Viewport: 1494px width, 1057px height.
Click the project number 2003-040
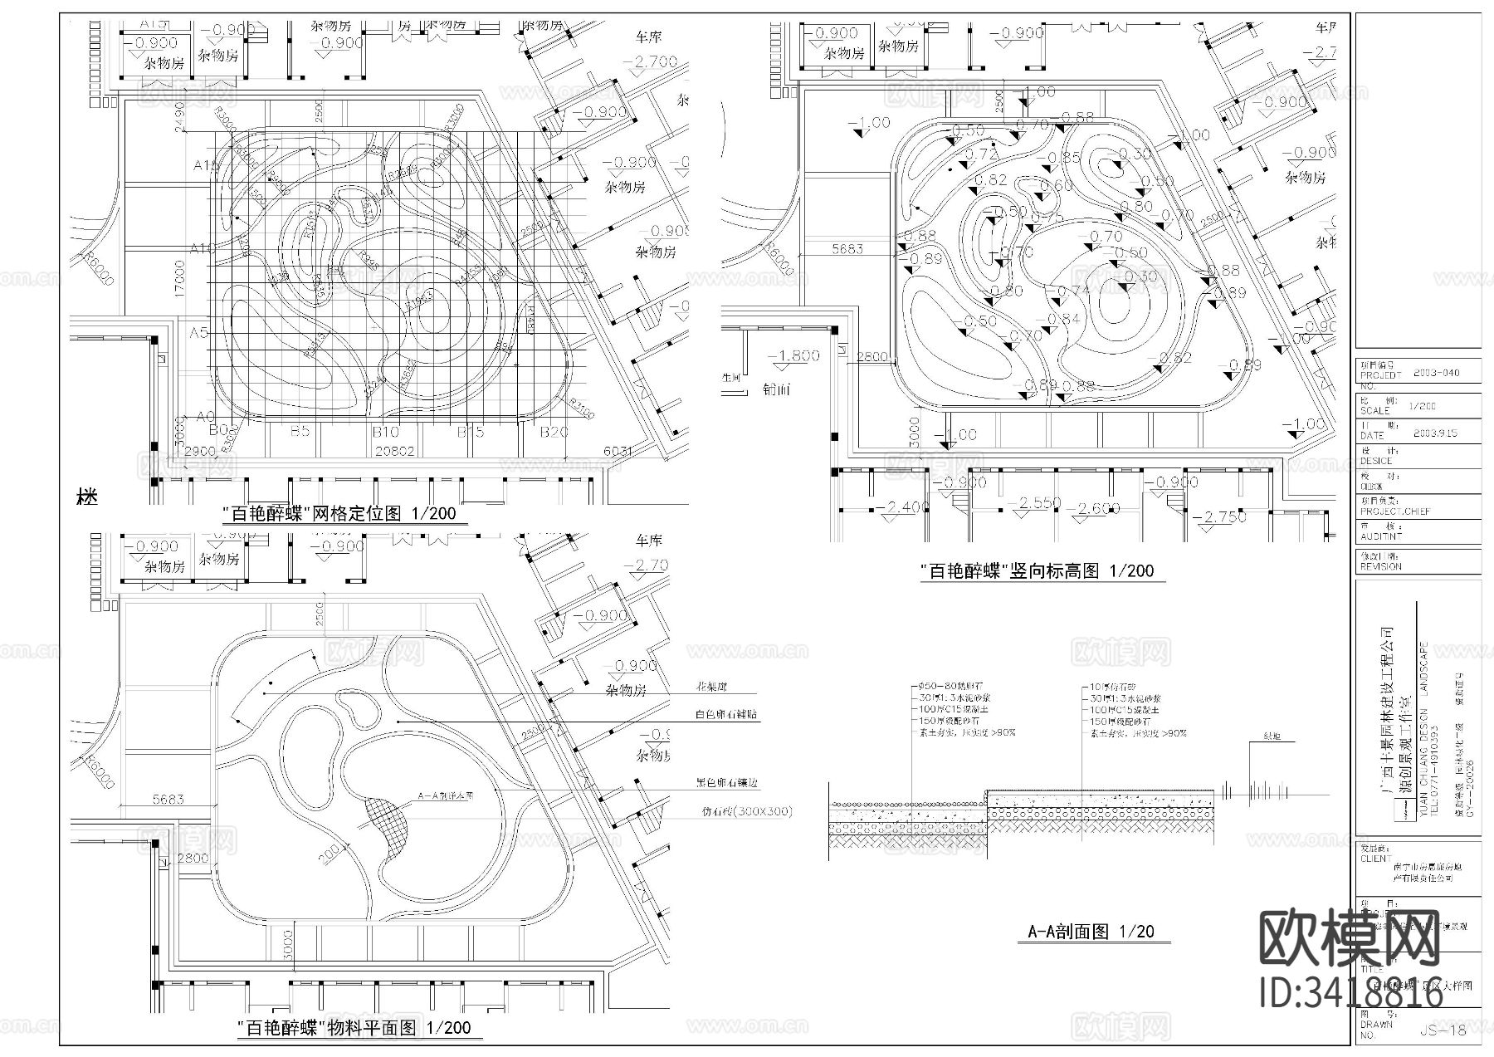[x=1435, y=374]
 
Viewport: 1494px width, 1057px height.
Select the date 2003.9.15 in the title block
[x=1433, y=433]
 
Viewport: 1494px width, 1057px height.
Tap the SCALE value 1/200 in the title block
[x=1422, y=406]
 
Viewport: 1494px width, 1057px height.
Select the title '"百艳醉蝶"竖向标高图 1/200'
[x=1037, y=571]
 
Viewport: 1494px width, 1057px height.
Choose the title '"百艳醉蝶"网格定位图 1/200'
[x=339, y=514]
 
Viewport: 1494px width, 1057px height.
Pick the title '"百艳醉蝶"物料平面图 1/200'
[x=354, y=1028]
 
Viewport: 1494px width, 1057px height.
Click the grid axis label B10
[x=385, y=432]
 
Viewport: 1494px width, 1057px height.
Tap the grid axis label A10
[x=203, y=248]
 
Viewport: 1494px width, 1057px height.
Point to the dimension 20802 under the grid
[x=395, y=451]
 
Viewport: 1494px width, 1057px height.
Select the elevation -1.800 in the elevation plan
[x=793, y=355]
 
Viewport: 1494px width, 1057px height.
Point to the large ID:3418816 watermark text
[x=1350, y=992]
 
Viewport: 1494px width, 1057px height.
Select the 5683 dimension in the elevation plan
[x=847, y=248]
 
